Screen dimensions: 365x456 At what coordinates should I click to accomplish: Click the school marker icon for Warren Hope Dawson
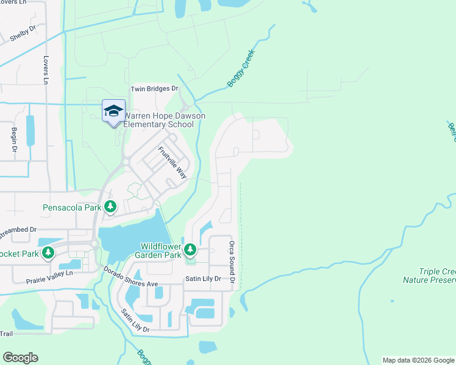(113, 111)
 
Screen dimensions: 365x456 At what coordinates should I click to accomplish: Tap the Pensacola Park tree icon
(110, 207)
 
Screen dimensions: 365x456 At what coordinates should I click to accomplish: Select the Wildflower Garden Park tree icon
(190, 249)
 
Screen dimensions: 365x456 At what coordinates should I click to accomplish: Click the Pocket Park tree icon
(47, 253)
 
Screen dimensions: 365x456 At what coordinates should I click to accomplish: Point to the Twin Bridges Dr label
(154, 89)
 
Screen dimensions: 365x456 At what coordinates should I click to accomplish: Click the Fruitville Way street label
(172, 162)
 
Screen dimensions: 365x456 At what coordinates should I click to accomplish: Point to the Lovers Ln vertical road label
(46, 71)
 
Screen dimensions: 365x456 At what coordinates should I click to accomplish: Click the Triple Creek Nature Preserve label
(429, 276)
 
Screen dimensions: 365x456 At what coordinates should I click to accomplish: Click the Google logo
(20, 358)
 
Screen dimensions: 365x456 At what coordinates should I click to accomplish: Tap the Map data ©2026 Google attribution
(418, 360)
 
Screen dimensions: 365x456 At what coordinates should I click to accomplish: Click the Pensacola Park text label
(72, 207)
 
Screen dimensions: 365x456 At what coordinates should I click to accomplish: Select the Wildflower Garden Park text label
(161, 251)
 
